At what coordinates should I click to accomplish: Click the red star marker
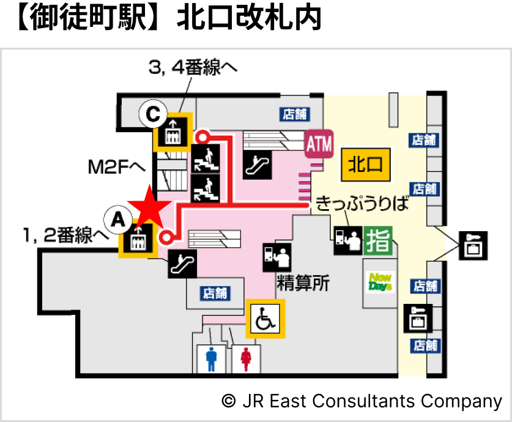pyautogui.click(x=147, y=208)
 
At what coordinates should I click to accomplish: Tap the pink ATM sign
pyautogui.click(x=318, y=145)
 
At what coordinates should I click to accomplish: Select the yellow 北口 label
pyautogui.click(x=365, y=163)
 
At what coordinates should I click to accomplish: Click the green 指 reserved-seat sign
pyautogui.click(x=378, y=240)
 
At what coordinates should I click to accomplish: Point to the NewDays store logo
pyautogui.click(x=380, y=282)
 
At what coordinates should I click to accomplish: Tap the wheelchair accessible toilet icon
pyautogui.click(x=265, y=318)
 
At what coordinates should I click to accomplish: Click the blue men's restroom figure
pyautogui.click(x=212, y=358)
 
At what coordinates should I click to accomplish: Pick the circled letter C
pyautogui.click(x=152, y=114)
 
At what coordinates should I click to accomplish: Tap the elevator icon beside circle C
pyautogui.click(x=173, y=132)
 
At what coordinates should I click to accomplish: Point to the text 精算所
pyautogui.click(x=303, y=283)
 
